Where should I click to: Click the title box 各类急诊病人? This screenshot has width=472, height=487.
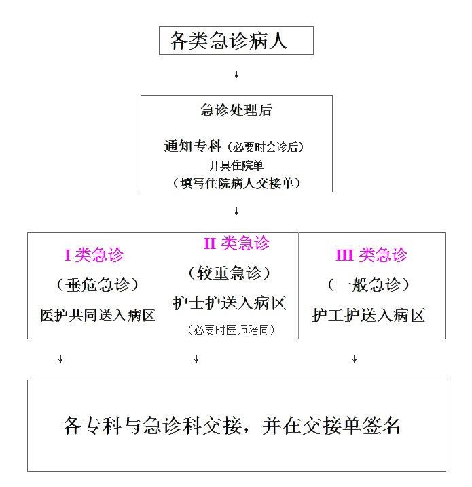tap(236, 41)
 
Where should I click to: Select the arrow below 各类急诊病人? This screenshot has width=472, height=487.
tap(236, 74)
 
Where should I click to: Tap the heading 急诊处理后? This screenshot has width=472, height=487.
tap(236, 111)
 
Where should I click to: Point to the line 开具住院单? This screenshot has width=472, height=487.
tap(236, 165)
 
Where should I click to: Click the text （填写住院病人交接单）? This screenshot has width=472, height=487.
tap(236, 182)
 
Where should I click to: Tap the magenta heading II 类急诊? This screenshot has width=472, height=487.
tap(236, 243)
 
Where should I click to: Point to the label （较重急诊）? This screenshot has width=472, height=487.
tap(230, 273)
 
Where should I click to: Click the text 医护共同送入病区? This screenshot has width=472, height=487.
tap(97, 316)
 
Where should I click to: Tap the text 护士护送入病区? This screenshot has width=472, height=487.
tap(230, 304)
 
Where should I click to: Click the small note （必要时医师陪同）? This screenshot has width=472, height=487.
tap(230, 331)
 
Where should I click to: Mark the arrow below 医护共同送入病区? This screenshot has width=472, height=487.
tap(60, 358)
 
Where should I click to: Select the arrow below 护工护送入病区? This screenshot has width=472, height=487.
tap(355, 358)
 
